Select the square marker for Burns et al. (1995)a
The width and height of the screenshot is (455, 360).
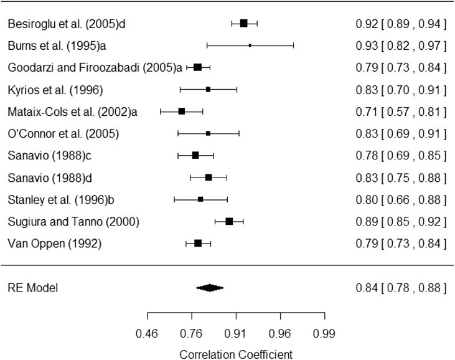(250, 45)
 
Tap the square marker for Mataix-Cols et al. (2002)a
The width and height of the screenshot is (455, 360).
(181, 111)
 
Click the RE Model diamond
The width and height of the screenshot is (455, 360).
(210, 288)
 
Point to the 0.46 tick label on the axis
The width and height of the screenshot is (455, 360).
(148, 333)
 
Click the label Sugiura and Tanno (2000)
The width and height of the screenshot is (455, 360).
(73, 222)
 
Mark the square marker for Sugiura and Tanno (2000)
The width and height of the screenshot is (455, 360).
(229, 221)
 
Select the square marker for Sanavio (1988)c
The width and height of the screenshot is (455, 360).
(195, 155)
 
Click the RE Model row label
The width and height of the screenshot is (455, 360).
(32, 288)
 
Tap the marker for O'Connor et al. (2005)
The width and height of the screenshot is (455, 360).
(208, 133)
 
